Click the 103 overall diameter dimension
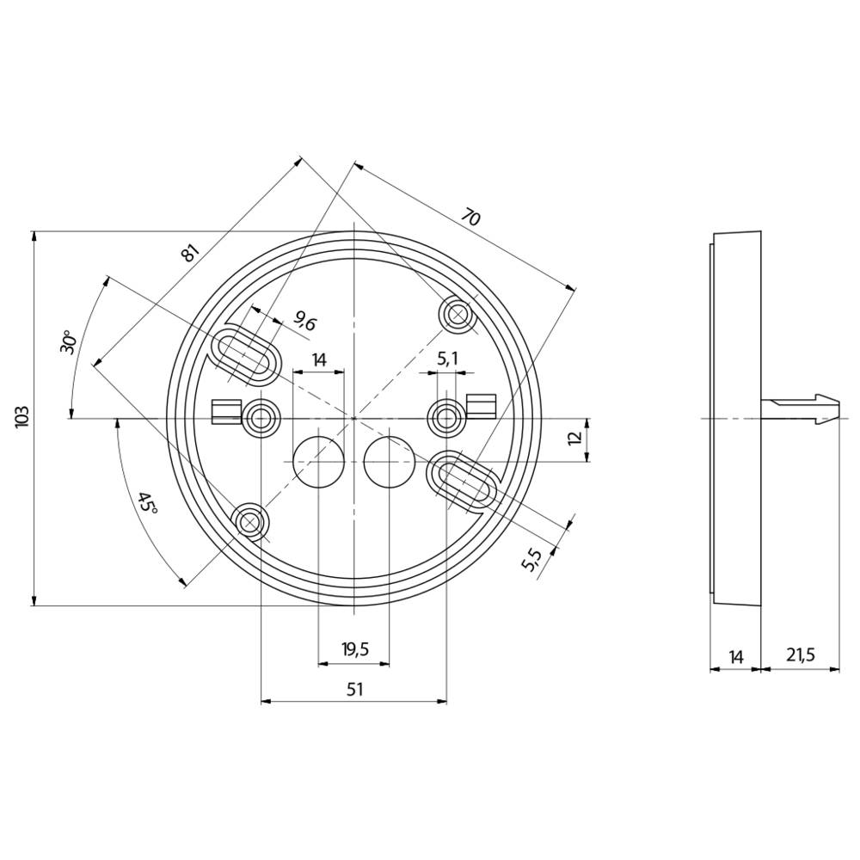click(x=23, y=417)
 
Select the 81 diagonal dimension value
click(x=190, y=252)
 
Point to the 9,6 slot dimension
click(x=304, y=322)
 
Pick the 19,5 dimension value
click(x=354, y=650)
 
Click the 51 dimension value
click(x=354, y=689)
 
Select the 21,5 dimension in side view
click(x=800, y=656)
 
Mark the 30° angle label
click(x=70, y=341)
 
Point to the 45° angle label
click(x=147, y=503)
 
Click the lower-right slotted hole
click(x=463, y=477)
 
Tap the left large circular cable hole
click(x=317, y=461)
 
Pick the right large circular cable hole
click(x=389, y=461)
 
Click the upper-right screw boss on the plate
click(x=457, y=315)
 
